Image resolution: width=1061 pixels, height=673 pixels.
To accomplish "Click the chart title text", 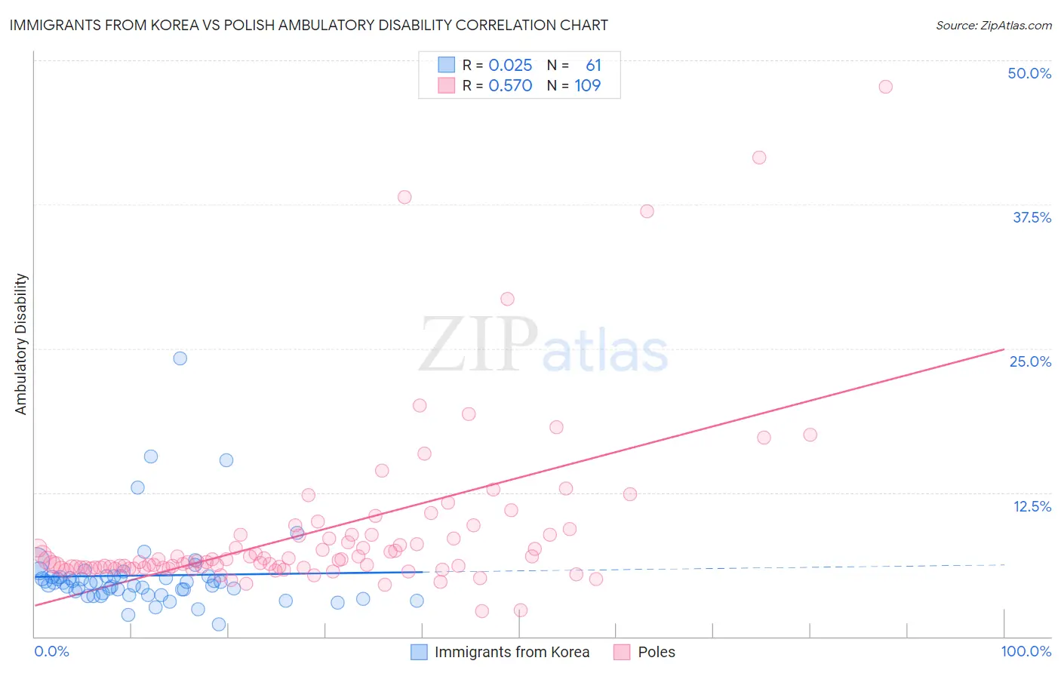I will tap(308, 26).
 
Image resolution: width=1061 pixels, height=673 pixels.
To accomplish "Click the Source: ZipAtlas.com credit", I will tap(993, 26).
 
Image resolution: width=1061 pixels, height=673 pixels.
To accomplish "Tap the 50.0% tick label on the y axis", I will tap(1029, 73).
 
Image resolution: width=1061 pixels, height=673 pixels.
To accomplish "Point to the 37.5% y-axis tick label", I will tap(1032, 217).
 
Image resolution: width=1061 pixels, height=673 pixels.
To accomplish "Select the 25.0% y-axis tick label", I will tap(1030, 361).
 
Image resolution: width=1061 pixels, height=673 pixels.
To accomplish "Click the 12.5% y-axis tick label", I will tap(1032, 506).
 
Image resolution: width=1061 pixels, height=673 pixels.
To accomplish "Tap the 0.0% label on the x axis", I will tap(51, 651).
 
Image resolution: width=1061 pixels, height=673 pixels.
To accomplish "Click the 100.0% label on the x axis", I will tap(1026, 651).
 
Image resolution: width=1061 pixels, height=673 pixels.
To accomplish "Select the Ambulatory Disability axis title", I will tap(21, 344).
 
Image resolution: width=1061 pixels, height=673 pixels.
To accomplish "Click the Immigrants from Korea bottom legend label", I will tap(512, 652).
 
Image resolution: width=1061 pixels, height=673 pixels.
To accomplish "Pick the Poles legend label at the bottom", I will tap(656, 652).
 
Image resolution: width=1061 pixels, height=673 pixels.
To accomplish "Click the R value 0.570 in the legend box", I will tap(510, 86).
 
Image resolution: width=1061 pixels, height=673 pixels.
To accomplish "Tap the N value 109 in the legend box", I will tap(587, 86).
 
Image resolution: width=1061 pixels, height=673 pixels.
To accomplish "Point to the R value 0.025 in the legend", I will tap(510, 66).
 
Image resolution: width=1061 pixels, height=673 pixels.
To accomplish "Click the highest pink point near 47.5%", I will tap(885, 87).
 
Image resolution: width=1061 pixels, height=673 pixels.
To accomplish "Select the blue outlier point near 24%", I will tap(180, 358).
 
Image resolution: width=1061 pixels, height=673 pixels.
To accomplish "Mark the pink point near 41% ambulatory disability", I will tap(759, 158).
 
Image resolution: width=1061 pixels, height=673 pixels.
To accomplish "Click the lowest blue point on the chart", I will tap(219, 624).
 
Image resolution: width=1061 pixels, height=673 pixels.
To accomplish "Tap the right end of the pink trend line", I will tap(1004, 349).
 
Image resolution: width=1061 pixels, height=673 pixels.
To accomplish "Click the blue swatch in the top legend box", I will tap(447, 66).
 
